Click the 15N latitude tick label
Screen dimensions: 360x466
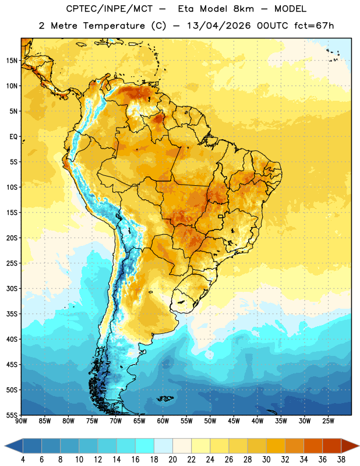click(12, 61)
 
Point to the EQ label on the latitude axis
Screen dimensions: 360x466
click(13, 137)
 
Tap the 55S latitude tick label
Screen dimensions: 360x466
click(12, 415)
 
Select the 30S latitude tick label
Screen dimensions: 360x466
click(12, 288)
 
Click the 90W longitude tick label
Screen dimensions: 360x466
click(21, 421)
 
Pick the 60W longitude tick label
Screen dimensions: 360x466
click(163, 421)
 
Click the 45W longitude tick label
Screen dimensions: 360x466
click(234, 421)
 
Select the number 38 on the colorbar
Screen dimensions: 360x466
click(341, 460)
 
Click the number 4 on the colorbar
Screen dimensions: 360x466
click(23, 460)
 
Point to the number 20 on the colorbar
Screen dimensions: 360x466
click(172, 460)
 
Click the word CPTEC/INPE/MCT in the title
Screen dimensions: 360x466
click(109, 9)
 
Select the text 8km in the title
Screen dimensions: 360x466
click(243, 9)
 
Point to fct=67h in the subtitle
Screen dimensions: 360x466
click(314, 26)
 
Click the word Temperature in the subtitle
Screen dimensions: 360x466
click(114, 26)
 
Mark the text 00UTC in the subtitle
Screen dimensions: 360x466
click(273, 26)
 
